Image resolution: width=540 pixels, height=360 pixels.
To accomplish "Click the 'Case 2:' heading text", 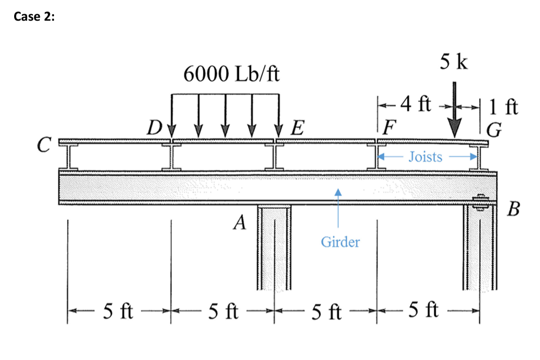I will [34, 16].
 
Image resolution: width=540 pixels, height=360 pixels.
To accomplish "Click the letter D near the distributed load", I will [155, 129].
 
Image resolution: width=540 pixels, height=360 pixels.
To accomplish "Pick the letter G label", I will [494, 130].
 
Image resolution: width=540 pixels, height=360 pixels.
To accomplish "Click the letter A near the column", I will [238, 223].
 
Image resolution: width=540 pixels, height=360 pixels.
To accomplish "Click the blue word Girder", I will [340, 242].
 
